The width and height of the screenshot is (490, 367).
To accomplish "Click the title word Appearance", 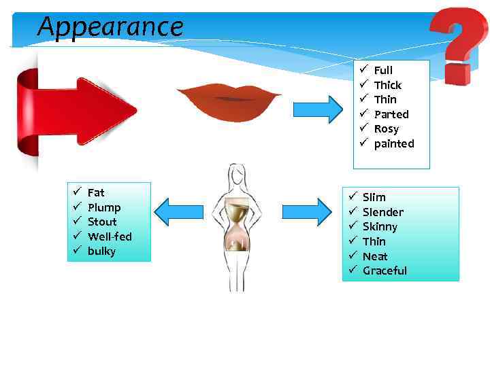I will click(x=110, y=27).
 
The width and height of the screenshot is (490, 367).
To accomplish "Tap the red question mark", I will click(x=458, y=44).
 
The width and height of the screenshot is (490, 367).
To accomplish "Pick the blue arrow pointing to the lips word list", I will click(x=318, y=109).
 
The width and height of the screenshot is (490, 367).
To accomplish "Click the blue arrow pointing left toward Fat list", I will click(x=179, y=211).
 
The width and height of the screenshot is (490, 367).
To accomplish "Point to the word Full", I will click(x=383, y=70).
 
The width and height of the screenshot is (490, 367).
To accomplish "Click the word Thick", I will click(x=387, y=85).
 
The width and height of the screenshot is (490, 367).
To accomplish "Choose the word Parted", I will click(x=391, y=114).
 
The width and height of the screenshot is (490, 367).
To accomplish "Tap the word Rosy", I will click(x=387, y=129).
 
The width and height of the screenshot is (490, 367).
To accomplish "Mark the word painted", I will click(x=393, y=144).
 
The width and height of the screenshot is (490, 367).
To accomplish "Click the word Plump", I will click(x=104, y=207).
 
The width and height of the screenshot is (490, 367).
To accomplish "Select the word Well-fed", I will click(x=110, y=237).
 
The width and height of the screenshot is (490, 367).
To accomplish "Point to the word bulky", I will click(x=101, y=251).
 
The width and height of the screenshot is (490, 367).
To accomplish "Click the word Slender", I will click(x=382, y=212).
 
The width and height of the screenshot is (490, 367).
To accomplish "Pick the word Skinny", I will click(x=380, y=227).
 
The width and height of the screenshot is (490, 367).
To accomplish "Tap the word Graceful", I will click(x=385, y=271).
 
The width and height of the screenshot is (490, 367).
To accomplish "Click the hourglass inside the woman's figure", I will click(x=236, y=224).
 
